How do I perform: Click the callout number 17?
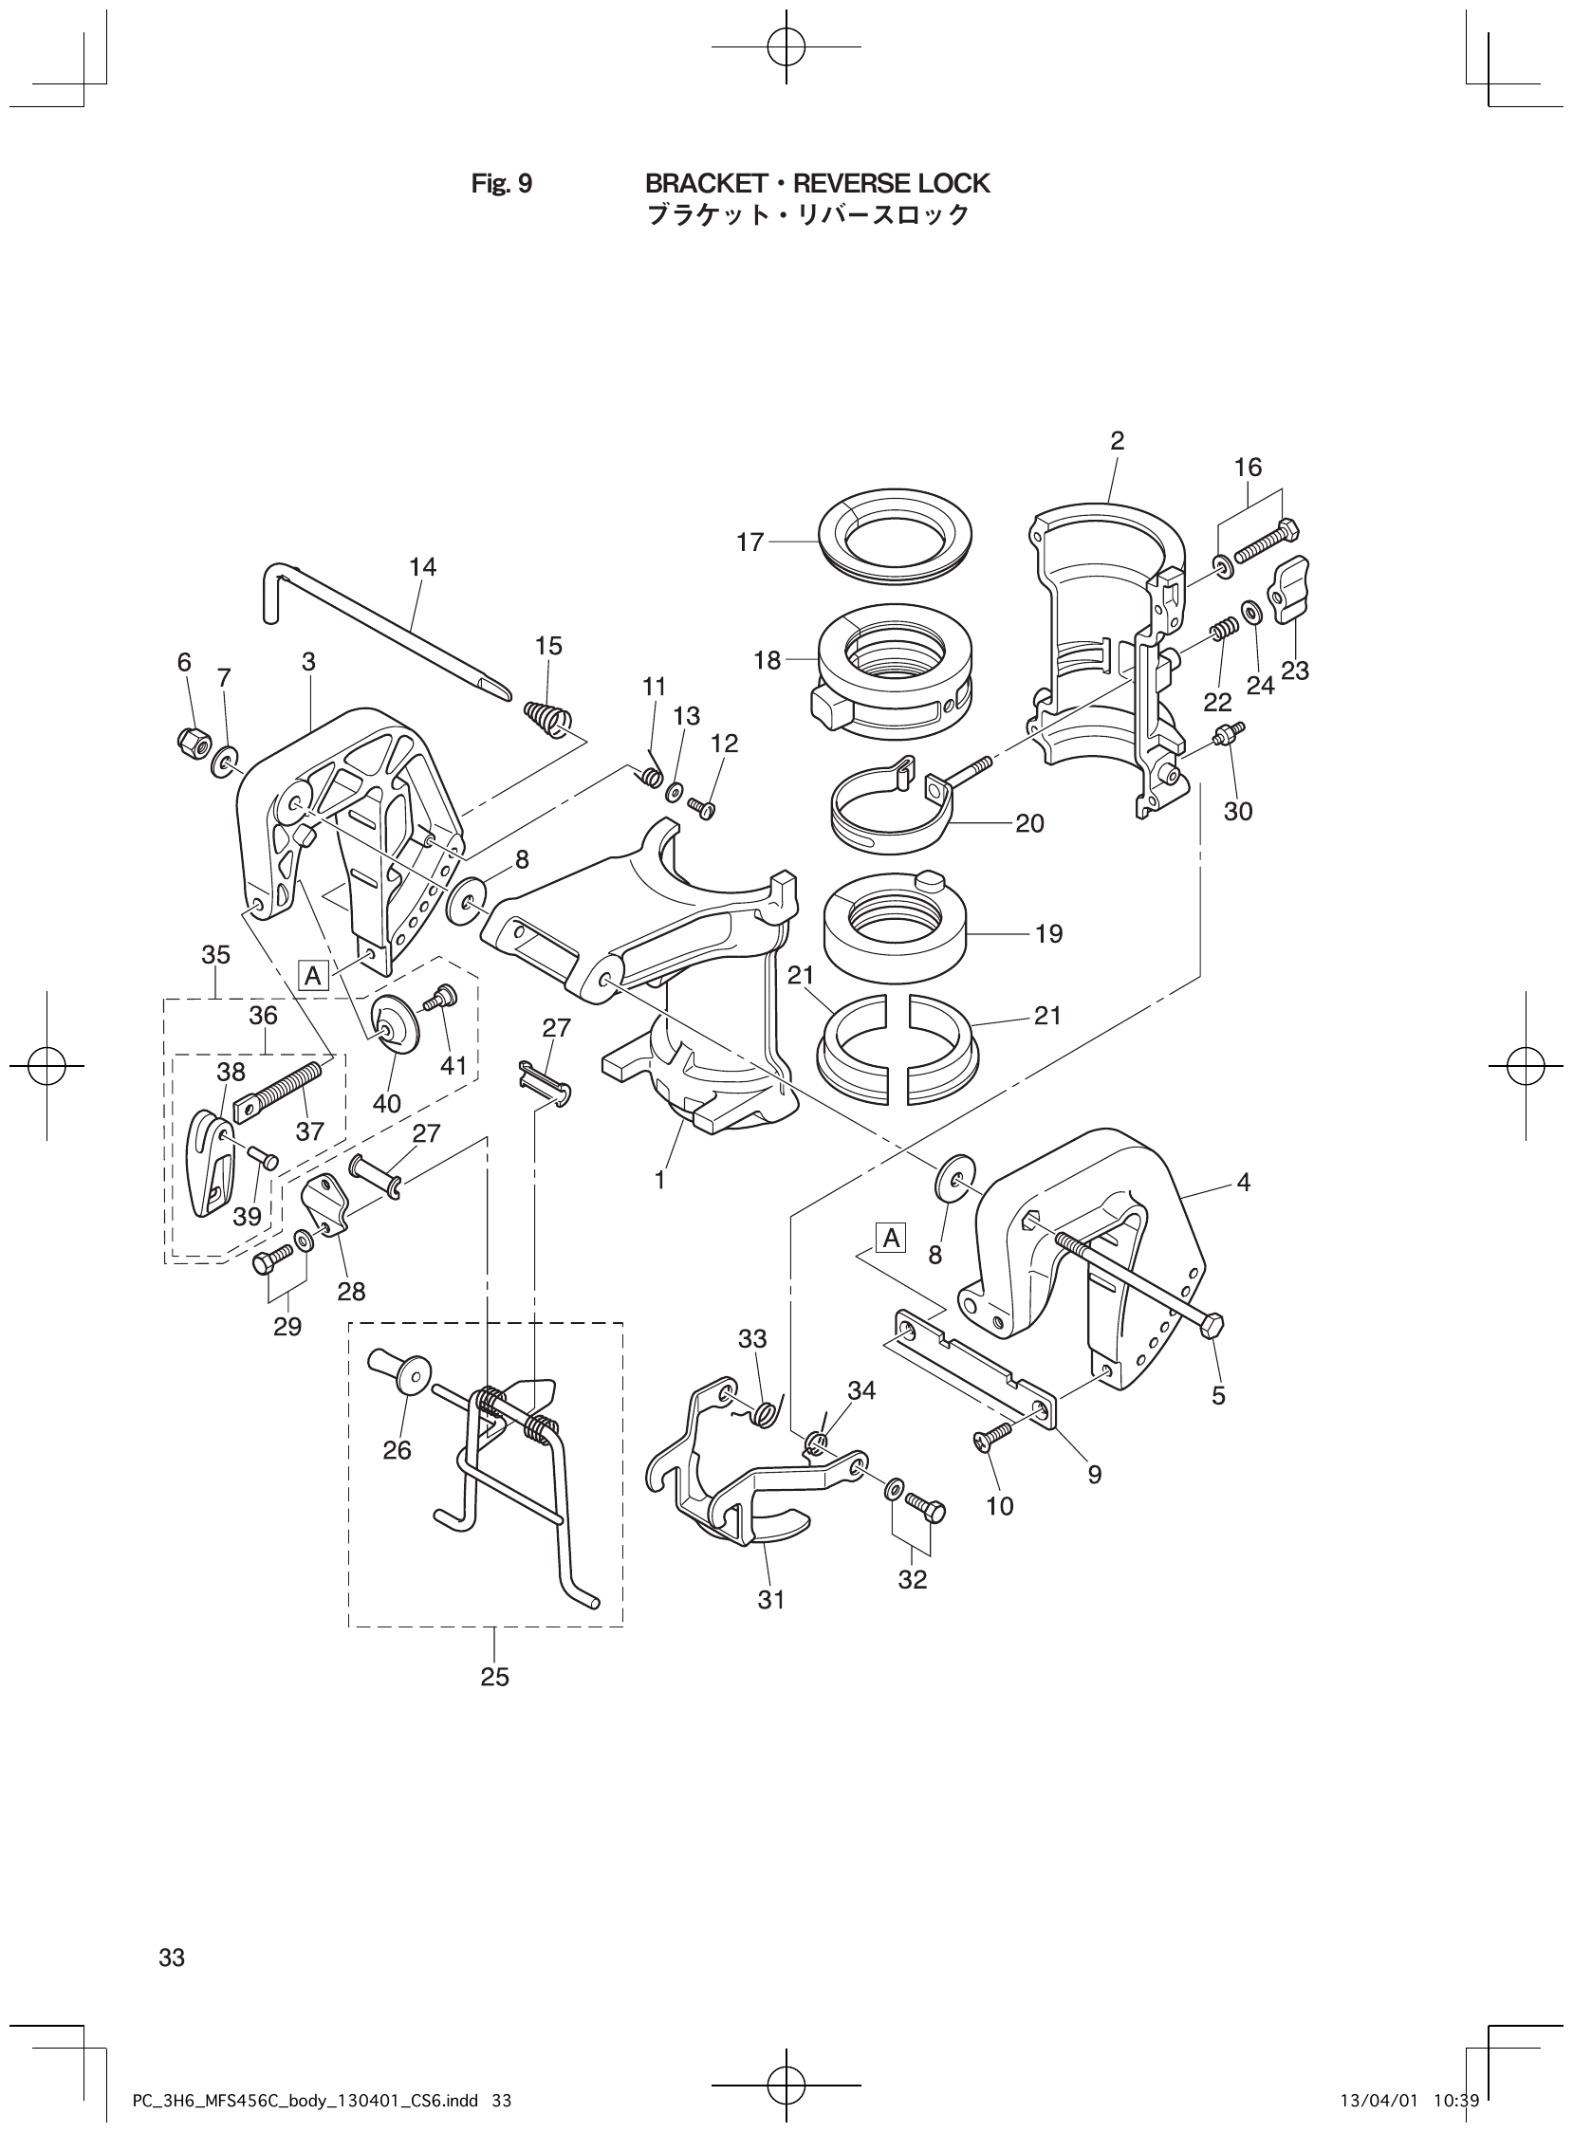coord(750,542)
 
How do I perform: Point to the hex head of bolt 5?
coord(1211,1326)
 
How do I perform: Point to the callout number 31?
coord(770,1600)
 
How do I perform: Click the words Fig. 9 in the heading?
coord(502,183)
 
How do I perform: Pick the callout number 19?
coord(1048,934)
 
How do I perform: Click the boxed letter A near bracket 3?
coord(311,976)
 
